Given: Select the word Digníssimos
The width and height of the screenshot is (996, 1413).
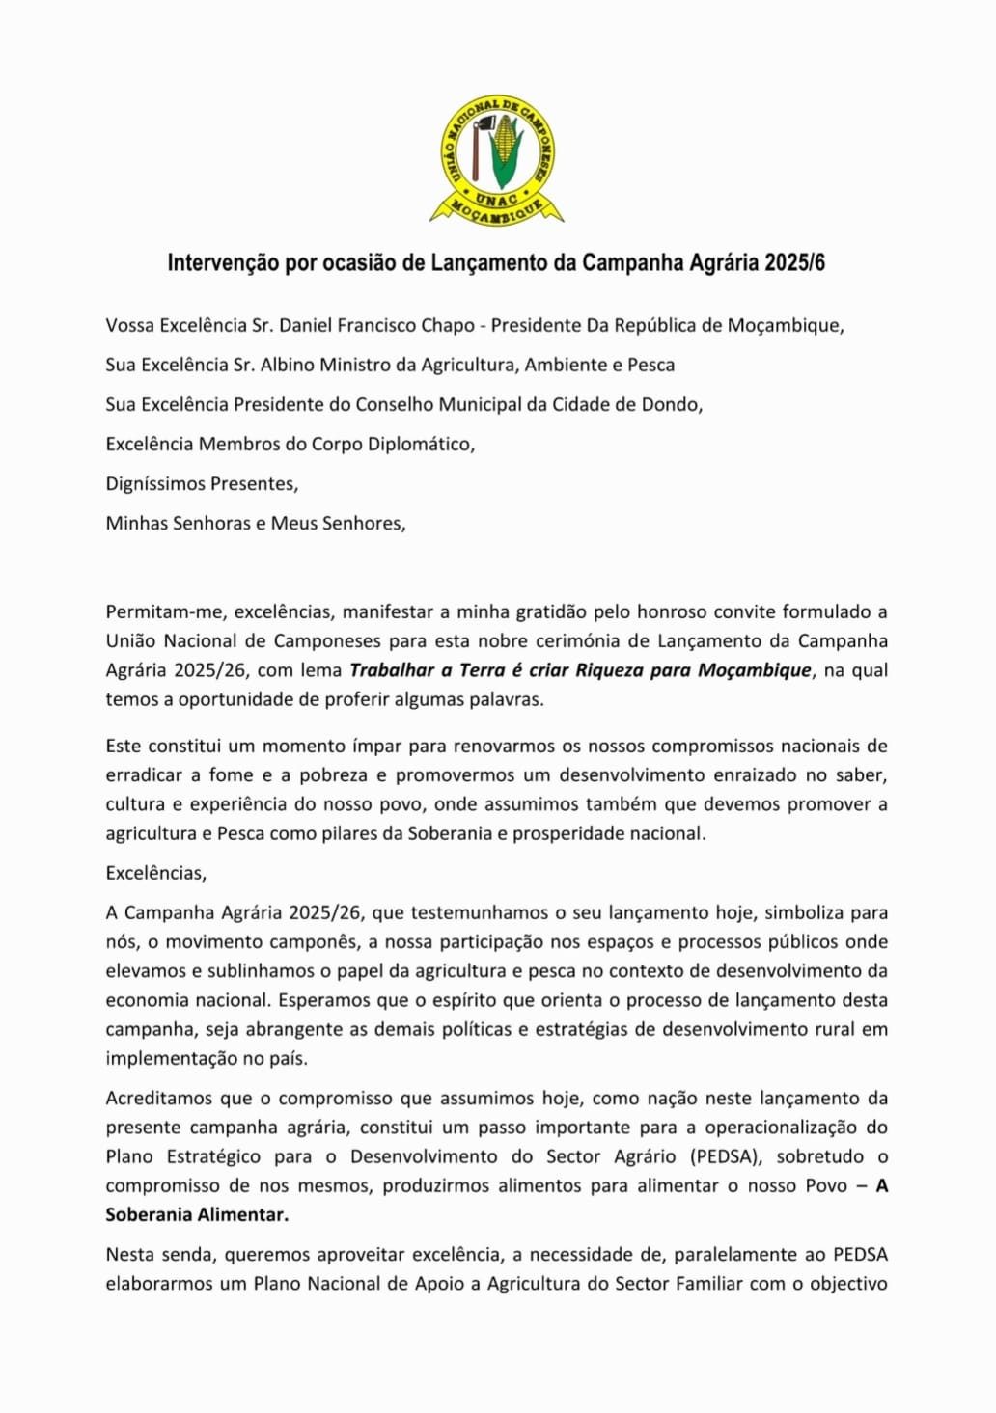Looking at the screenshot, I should (x=150, y=483).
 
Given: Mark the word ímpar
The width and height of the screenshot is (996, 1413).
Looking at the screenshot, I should (x=383, y=746).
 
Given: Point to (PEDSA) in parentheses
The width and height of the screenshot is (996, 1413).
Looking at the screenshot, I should (x=726, y=1156).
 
